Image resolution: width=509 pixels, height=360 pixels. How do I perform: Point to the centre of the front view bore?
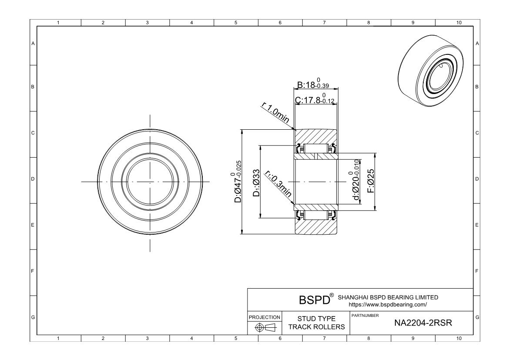(x=150, y=182)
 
